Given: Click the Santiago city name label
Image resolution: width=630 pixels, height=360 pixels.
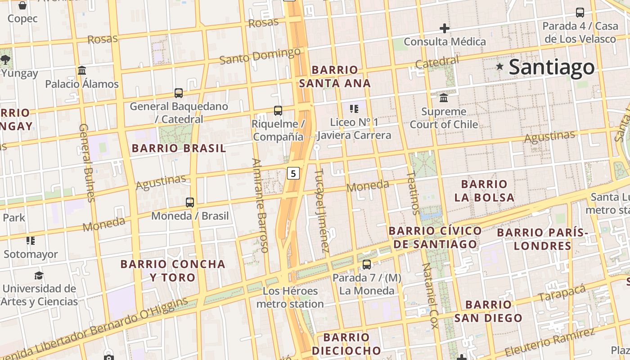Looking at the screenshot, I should coord(552,67).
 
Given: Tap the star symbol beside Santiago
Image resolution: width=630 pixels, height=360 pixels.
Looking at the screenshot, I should coord(499,67).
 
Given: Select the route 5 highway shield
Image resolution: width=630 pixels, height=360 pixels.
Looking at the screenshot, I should coord(293,173).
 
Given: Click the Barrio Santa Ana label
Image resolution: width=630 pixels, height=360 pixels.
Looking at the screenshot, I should coord(335,76).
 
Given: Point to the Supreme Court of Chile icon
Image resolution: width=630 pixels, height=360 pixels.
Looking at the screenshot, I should coord(444,98).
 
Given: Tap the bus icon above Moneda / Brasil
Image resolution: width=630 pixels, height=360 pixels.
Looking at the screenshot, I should coord(190,202).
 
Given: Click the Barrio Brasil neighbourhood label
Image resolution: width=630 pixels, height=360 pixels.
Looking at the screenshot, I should coord(179,148).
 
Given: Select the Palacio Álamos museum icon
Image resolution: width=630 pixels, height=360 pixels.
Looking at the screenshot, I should coord(82,71).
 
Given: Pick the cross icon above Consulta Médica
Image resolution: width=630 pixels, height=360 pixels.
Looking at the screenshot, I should coord(445,28).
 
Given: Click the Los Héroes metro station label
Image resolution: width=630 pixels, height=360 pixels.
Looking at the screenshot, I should coord(290,297).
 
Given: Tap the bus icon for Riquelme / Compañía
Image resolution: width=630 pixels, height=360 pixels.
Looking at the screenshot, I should coord(278,110).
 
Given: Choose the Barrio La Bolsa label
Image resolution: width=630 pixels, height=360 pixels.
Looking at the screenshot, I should coord(484,191).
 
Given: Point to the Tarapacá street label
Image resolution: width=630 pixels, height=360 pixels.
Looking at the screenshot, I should coord(562,293).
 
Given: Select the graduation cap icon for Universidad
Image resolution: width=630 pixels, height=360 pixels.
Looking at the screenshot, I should coord(39,275).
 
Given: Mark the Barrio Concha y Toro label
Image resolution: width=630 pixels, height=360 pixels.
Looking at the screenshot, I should coord(173,270).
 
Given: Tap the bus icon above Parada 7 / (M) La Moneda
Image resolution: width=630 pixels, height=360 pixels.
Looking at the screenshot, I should coord(367,265).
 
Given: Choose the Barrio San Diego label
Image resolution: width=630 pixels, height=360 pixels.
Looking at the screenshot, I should coord(488,311).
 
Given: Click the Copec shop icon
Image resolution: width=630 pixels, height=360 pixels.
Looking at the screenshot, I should coord(22,5).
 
